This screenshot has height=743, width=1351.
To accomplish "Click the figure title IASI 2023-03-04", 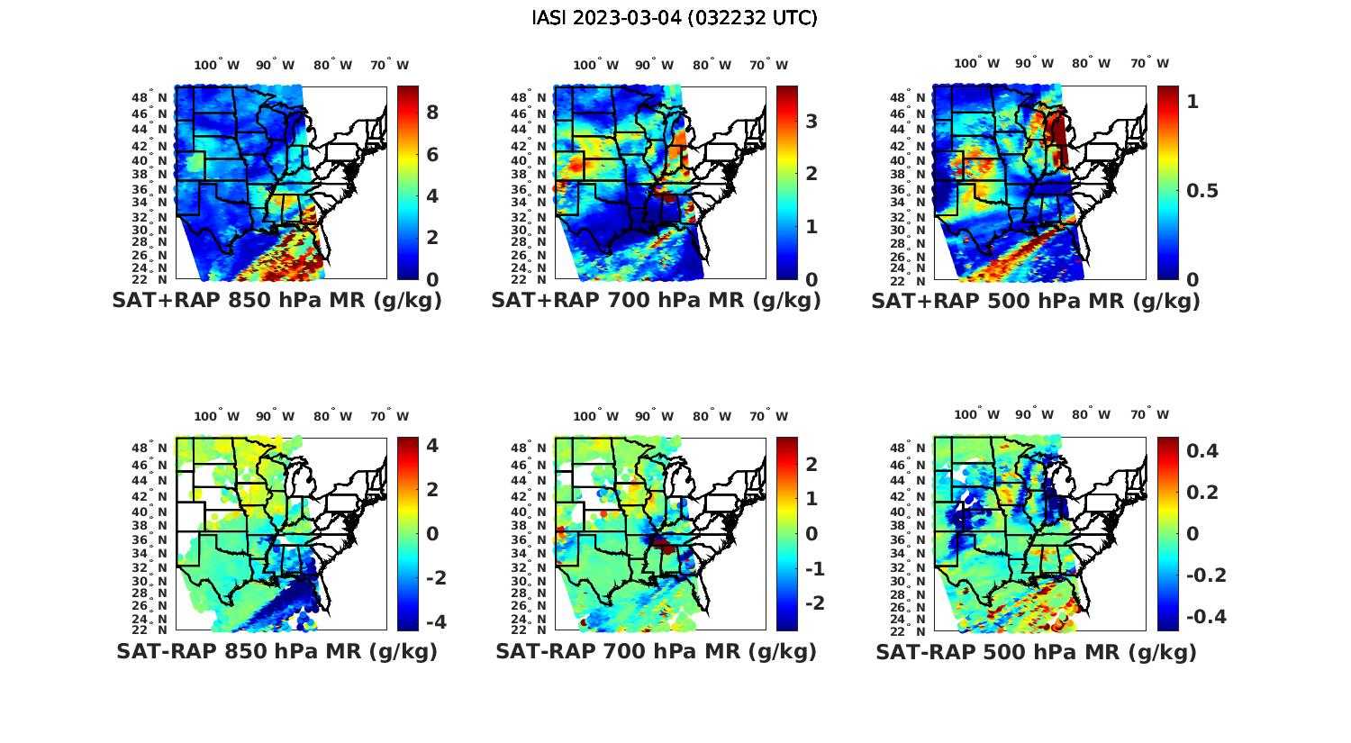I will coord(675,18).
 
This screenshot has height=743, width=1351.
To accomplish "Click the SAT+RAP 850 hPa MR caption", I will coord(277,301).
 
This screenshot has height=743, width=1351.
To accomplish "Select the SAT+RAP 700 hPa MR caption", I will coord(656,301).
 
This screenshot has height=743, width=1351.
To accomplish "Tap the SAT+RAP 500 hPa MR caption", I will coord(1036,301).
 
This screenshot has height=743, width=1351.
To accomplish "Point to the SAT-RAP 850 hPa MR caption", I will coord(277,651).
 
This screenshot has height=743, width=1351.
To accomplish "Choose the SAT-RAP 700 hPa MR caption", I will coord(656,651).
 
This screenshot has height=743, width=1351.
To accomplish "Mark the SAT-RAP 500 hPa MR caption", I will coord(1036,652).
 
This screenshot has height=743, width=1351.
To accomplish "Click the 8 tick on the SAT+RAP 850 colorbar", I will coord(432,113).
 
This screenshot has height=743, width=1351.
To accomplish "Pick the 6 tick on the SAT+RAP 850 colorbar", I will coord(432,155).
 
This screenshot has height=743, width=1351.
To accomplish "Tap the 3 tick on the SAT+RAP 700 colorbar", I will coord(812,121).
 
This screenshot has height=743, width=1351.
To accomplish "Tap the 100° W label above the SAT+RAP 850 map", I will coord(217,65).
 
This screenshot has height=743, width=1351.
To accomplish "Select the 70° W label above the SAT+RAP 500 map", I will coord(1150,63).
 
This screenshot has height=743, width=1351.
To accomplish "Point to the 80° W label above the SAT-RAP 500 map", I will coord(1092,415).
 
